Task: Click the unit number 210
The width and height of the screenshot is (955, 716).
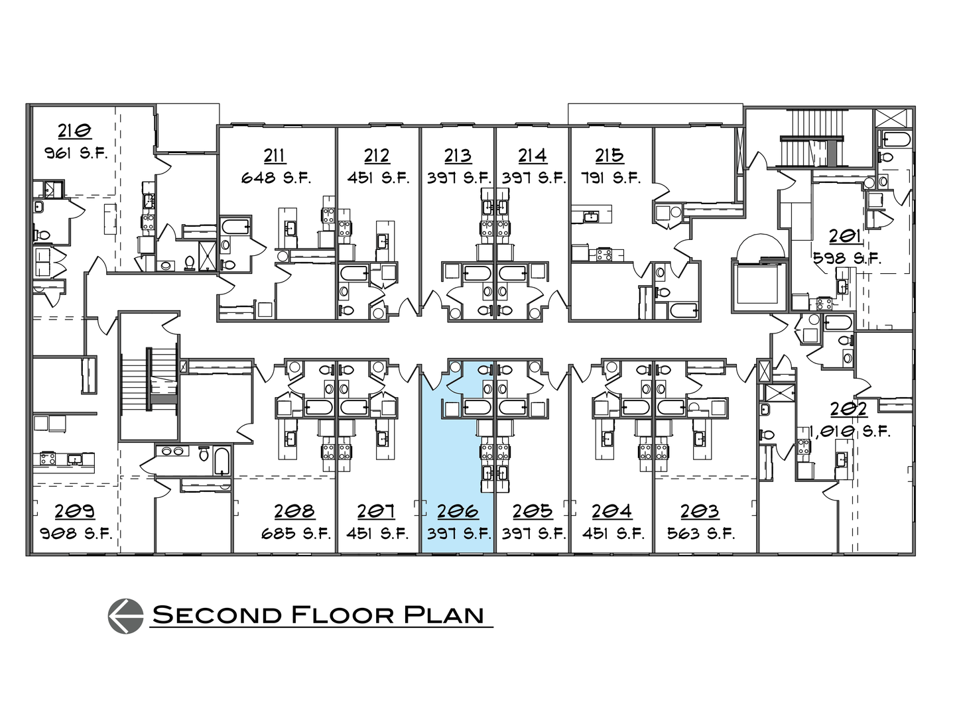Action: tap(74, 131)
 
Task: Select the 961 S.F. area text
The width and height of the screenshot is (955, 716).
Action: tap(76, 154)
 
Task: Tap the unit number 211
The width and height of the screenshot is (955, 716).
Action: tap(275, 155)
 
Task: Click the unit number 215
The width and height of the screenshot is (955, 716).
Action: tap(609, 155)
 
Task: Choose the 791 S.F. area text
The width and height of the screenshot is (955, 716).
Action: tap(609, 178)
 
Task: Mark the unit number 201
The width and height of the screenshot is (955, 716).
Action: tap(846, 236)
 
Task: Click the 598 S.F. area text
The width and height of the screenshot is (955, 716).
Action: tap(848, 259)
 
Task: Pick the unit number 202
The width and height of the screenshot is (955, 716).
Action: tap(849, 408)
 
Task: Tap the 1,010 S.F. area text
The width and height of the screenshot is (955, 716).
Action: tap(850, 432)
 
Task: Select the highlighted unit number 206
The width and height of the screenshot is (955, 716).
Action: tap(458, 511)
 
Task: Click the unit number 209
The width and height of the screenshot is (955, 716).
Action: tap(74, 511)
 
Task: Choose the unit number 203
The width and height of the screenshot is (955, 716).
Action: tap(700, 511)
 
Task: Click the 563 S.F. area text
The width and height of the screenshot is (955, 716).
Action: tap(702, 534)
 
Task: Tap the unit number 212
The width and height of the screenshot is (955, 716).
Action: tap(377, 155)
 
